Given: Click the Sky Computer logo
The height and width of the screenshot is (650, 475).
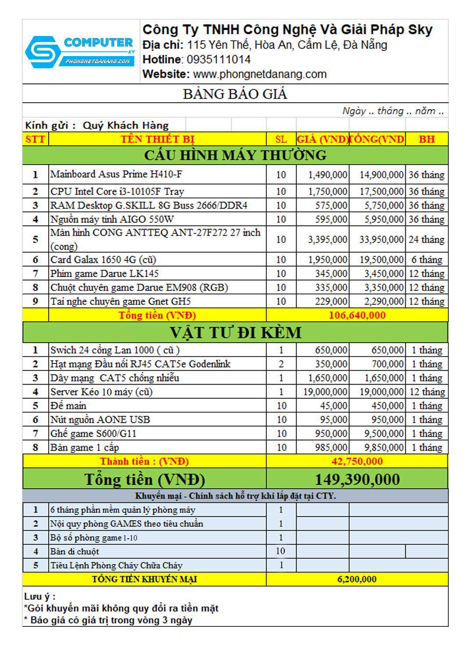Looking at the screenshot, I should pos(80,52).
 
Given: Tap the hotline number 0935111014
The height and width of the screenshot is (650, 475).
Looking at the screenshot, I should pos(219,60).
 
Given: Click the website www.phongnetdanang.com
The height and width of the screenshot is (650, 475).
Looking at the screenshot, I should pos(260,74).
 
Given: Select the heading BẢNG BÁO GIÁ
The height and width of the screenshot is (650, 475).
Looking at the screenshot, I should pos(235,94).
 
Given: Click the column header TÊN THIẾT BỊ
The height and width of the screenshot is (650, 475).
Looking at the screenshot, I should pos(157,139).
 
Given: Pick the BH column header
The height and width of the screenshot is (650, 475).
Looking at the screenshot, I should pos(426,139).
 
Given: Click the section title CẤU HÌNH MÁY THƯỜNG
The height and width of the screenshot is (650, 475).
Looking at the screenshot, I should pos(235,155).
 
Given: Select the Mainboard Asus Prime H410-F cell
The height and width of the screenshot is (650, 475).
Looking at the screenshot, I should pos(116,174).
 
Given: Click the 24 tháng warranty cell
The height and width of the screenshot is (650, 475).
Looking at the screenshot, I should pos(426,240).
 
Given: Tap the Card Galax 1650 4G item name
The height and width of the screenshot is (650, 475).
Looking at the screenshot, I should pos(103,260).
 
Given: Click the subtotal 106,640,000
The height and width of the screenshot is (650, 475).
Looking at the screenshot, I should pos(357,315).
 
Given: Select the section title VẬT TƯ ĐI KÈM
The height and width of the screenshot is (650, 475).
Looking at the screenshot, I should pos(235,333).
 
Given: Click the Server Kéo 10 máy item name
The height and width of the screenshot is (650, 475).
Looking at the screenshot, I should pos(101,392).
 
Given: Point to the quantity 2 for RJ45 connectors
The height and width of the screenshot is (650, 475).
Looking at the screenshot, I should pos(281,364).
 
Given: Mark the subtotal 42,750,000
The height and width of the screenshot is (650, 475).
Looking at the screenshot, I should pos(357,461).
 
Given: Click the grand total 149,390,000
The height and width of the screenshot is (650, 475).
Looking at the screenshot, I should pos(357,480).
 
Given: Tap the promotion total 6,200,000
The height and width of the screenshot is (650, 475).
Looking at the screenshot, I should pos(357,579).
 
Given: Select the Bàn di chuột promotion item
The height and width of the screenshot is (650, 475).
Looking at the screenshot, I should pos(74,551).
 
